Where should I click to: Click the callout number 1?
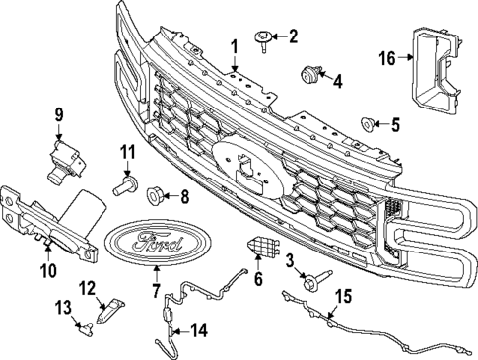(235, 46)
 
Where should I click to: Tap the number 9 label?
(59, 115)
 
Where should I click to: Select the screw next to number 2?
(264, 37)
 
